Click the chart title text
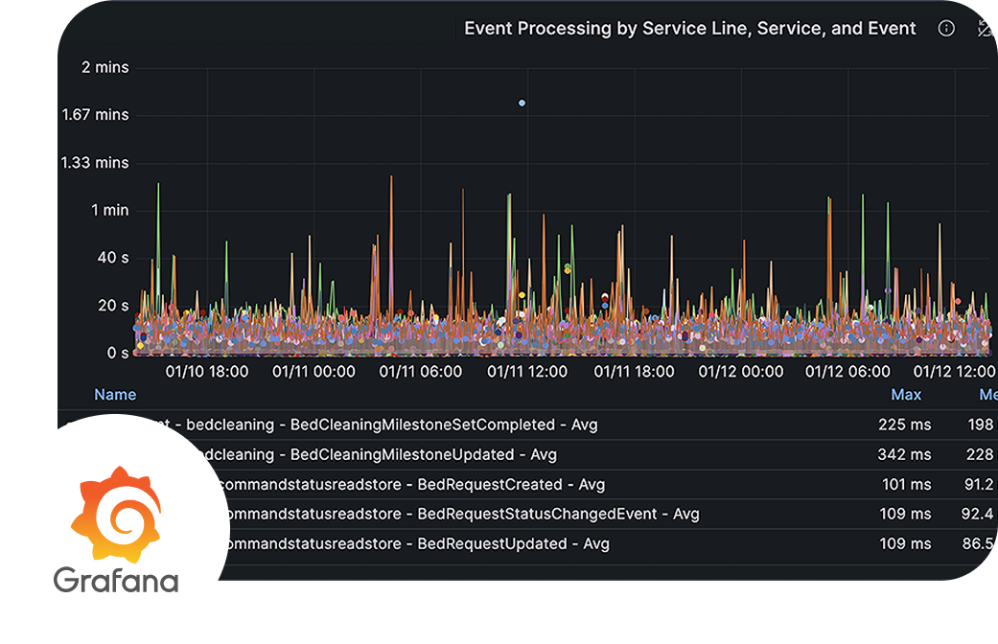pyautogui.click(x=690, y=29)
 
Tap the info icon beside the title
pyautogui.click(x=946, y=29)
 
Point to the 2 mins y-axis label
pyautogui.click(x=105, y=67)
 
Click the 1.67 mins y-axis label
pyautogui.click(x=95, y=115)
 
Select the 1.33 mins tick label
pyautogui.click(x=95, y=162)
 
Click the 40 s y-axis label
pyautogui.click(x=112, y=257)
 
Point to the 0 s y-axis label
pyautogui.click(x=118, y=353)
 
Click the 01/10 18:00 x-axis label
pyautogui.click(x=207, y=372)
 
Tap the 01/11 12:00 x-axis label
pyautogui.click(x=527, y=372)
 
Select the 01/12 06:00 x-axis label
pyautogui.click(x=847, y=372)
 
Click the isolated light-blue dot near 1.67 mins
pyautogui.click(x=522, y=103)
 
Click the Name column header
pyautogui.click(x=115, y=395)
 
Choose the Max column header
pyautogui.click(x=906, y=395)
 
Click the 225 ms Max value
pyautogui.click(x=904, y=425)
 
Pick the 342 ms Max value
pyautogui.click(x=904, y=454)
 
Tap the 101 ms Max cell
pyautogui.click(x=904, y=484)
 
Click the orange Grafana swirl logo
pyautogui.click(x=115, y=514)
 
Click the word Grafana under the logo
pyautogui.click(x=115, y=581)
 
